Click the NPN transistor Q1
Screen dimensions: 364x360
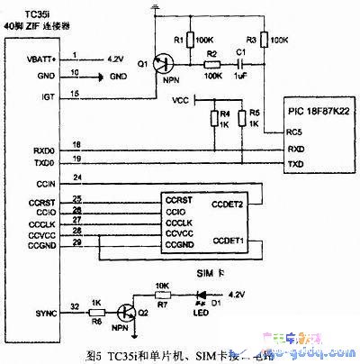click(162, 63)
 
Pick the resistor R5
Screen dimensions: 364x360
click(241, 118)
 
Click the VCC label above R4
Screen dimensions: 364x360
click(178, 100)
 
